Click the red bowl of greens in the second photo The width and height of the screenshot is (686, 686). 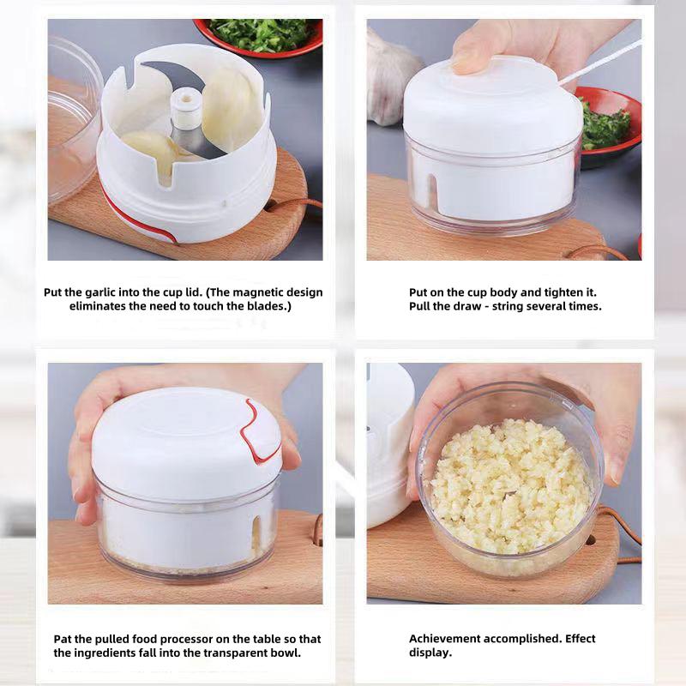click(611, 124)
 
